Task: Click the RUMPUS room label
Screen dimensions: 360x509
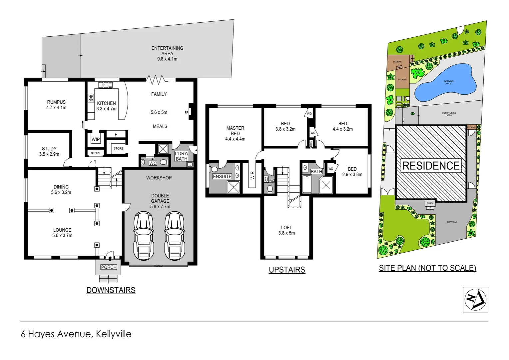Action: coord(56,102)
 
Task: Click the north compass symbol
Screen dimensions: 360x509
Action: coord(475,299)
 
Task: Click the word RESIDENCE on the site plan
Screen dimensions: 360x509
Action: coord(431,166)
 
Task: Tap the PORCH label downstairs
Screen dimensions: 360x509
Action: coord(109,267)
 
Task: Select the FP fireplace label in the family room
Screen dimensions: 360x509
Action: coord(186,113)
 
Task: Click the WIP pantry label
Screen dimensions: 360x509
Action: coord(96,139)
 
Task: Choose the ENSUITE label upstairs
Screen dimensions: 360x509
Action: coord(222,176)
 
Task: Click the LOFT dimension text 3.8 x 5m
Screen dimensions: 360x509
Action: coord(286,233)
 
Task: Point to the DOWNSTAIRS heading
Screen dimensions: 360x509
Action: coord(111,290)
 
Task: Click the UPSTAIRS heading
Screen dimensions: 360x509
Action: coord(287,270)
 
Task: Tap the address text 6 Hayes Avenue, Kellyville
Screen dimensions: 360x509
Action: coord(76,334)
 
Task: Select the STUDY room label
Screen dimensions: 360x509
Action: coord(49,149)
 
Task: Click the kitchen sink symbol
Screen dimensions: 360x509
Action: coord(105,85)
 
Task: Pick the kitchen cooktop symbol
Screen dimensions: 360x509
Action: coord(91,98)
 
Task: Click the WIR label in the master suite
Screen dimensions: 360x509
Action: coord(253,176)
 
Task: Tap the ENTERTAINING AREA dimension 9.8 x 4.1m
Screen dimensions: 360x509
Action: coord(167,59)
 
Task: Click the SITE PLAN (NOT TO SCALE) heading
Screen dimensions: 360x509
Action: coord(427,268)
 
